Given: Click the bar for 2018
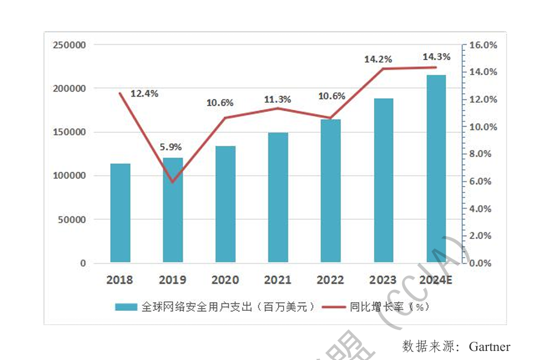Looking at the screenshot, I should tap(120, 213).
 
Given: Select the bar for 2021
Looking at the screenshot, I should tap(278, 198).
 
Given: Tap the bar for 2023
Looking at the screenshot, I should tap(384, 180).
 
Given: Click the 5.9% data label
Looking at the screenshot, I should tap(170, 147).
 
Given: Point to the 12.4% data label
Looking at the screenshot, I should tap(144, 94).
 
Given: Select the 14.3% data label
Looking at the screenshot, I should tap(437, 57).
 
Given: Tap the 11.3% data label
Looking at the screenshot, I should tap(277, 99).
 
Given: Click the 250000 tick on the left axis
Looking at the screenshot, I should tap(69, 45).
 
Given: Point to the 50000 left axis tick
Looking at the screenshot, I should tap(72, 219).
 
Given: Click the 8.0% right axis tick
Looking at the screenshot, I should tap(481, 154).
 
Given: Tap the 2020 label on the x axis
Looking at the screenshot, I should tap(225, 280).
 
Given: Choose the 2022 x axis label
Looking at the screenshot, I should tap(330, 280).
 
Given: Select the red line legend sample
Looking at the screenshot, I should tap(333, 307).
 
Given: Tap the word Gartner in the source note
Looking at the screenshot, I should tap(489, 346).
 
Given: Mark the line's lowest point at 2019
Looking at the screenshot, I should tap(173, 182).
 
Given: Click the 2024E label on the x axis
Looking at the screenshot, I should tap(436, 280).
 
